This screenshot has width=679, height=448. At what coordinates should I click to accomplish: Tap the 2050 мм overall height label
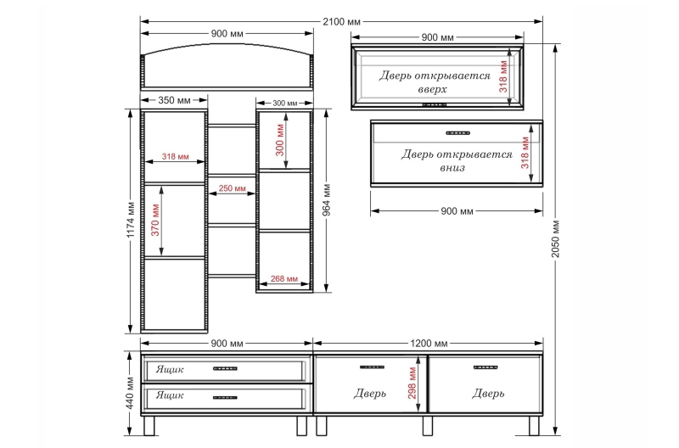point(556,239)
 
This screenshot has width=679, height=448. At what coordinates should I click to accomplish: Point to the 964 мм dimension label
point(327,199)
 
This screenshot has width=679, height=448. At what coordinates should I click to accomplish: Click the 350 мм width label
point(174,100)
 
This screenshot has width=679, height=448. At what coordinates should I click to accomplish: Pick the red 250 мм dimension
point(232,188)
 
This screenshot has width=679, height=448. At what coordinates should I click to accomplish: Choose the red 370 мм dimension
point(155,220)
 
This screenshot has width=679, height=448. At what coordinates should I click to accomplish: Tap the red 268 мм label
point(284,279)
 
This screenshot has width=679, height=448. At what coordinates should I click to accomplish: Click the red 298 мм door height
point(412,383)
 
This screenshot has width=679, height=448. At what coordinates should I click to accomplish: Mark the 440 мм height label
point(131,393)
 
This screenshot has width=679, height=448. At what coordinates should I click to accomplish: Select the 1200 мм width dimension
point(429,344)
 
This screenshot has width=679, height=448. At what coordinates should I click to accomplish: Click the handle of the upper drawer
point(225,369)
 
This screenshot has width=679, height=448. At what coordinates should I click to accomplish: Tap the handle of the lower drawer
point(225,397)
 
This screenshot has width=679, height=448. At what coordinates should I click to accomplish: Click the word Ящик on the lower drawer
point(169,395)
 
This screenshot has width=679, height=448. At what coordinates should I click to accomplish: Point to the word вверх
point(433,90)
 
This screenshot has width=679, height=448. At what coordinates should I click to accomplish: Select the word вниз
point(452,168)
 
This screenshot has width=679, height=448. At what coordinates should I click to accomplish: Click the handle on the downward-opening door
point(457,133)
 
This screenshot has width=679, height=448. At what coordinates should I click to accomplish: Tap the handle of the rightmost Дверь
point(485,367)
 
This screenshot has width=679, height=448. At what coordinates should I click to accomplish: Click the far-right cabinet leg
point(534,426)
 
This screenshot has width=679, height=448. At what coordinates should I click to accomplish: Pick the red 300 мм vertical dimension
point(280,140)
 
